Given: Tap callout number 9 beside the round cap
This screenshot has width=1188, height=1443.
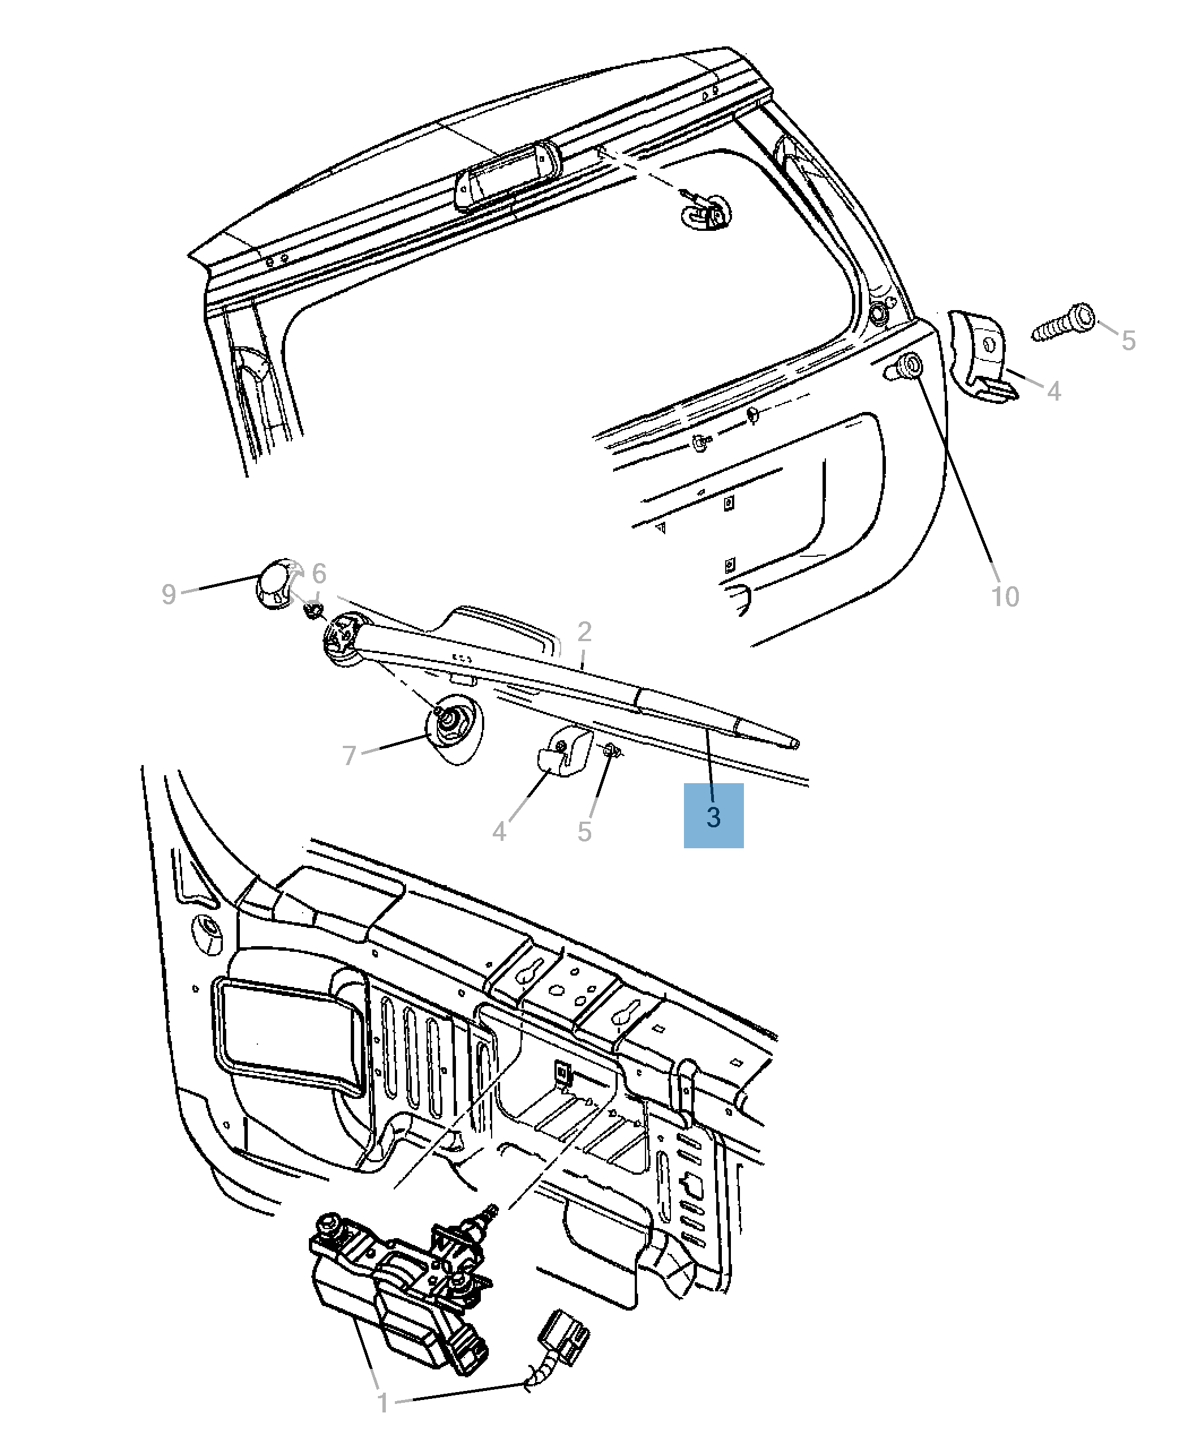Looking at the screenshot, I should (x=169, y=594).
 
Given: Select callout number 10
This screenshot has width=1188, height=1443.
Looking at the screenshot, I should (x=1005, y=596).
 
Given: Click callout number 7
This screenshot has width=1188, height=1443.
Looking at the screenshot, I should (x=349, y=755).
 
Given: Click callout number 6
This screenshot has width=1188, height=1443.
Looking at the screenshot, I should (x=319, y=573).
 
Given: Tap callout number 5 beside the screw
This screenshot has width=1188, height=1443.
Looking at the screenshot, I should (x=1129, y=340).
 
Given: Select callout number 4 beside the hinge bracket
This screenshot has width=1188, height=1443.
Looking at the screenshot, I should (x=1054, y=391).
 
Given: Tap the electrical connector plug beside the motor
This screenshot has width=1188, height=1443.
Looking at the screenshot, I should (x=565, y=1335).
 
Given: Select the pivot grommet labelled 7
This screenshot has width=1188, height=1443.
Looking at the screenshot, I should (x=454, y=728).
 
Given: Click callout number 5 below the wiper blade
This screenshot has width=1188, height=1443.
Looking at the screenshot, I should (x=584, y=832).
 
